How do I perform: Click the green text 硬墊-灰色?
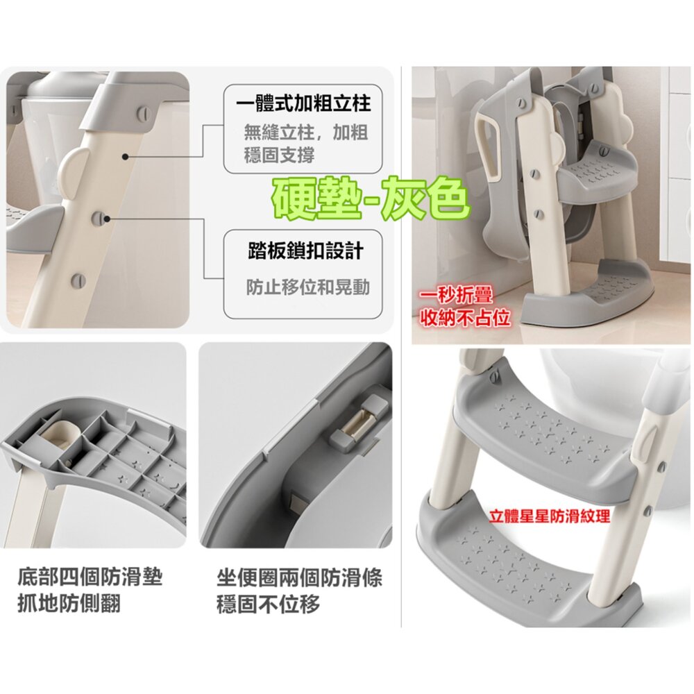click(370, 198)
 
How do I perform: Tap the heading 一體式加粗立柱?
click(303, 104)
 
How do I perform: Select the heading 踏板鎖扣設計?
click(305, 251)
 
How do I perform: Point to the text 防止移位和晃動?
click(307, 288)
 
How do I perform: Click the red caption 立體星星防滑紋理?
click(550, 516)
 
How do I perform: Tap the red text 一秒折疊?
click(457, 296)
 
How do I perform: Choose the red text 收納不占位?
click(465, 317)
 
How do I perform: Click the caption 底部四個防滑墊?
click(90, 577)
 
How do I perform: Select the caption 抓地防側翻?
click(69, 603)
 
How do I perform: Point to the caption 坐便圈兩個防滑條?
click(299, 577)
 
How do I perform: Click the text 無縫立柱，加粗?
click(306, 132)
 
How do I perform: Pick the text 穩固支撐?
click(279, 155)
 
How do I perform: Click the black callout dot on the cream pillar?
click(126, 157)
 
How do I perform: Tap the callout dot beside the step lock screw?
click(108, 218)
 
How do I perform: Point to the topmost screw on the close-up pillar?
click(144, 113)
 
